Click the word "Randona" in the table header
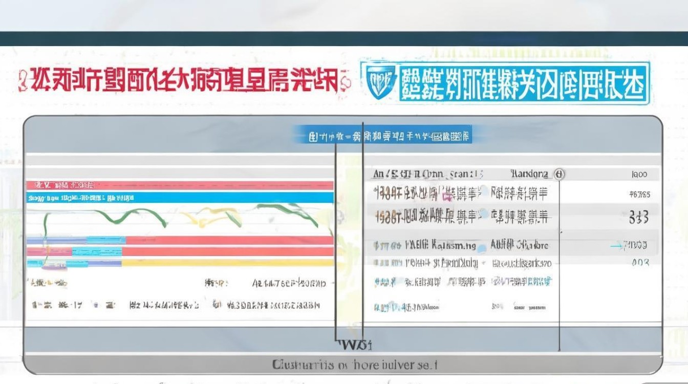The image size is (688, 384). click(529, 174)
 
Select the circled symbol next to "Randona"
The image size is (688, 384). click(559, 174)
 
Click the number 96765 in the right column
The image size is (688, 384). click(639, 195)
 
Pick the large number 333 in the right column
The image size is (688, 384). click(639, 218)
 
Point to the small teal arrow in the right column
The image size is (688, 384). click(616, 246)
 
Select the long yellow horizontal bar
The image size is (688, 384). click(228, 263)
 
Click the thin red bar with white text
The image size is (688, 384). click(179, 185)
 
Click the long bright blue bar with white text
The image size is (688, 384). click(179, 198)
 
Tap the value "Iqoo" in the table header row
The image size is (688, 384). click(639, 174)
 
